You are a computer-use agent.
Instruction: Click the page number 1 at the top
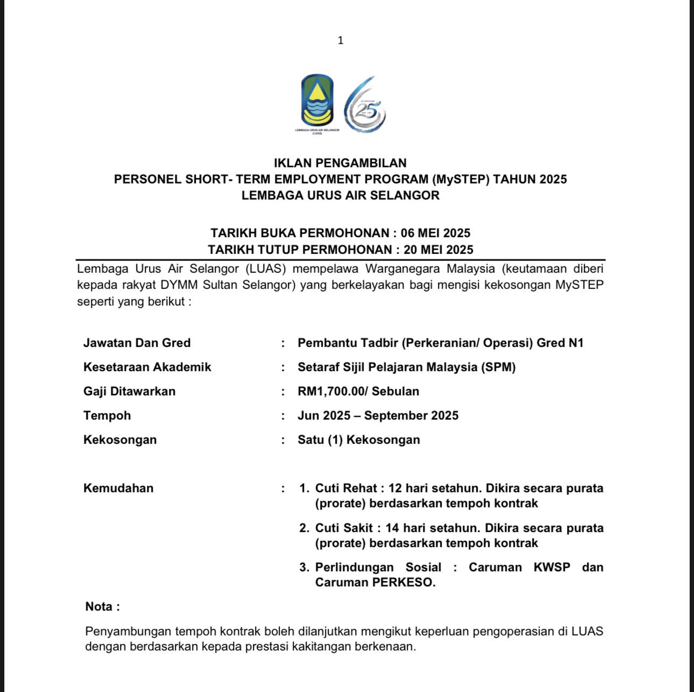pos(340,40)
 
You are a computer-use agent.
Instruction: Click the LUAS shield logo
pos(317,100)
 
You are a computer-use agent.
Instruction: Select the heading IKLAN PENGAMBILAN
pos(340,163)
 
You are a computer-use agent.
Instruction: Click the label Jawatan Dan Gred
pos(137,343)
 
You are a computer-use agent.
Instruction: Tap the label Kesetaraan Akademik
pos(147,367)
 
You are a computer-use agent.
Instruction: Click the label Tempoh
pos(107,415)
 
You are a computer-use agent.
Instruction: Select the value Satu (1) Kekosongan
pos(358,440)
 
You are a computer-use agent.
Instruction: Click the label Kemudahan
pos(118,488)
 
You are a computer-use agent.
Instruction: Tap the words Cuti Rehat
pos(346,488)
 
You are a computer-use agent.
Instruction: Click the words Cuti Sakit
pos(344,528)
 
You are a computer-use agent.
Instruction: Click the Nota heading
pos(102,606)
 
